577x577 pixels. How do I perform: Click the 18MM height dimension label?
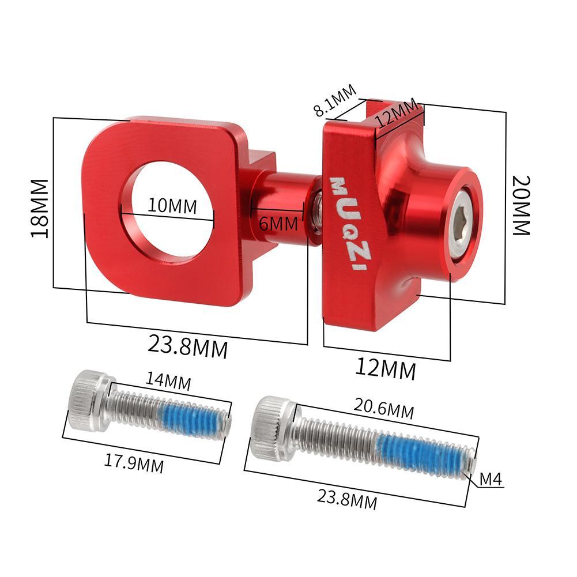coord(40,208)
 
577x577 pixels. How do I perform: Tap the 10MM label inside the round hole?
coord(172,205)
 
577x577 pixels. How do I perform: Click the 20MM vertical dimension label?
coord(521,205)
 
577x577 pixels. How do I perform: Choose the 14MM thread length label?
coord(169,380)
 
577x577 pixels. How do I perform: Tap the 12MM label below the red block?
coord(384,369)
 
